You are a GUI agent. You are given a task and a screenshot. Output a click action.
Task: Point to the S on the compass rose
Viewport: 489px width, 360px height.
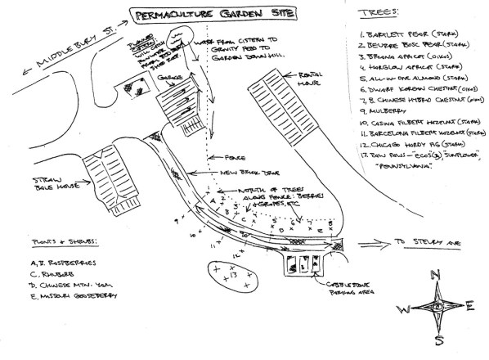(439, 341)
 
